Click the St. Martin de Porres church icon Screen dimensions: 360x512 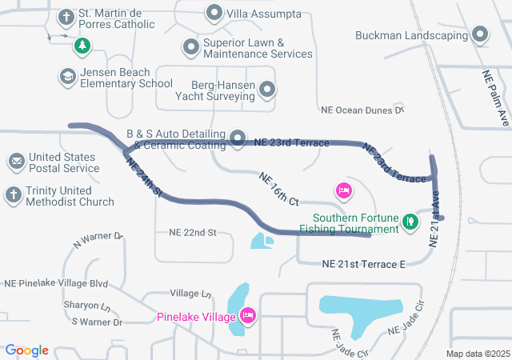pyautogui.click(x=65, y=17)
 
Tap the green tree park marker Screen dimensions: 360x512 pyautogui.click(x=81, y=46)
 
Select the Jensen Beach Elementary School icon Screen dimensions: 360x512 pyautogui.click(x=67, y=77)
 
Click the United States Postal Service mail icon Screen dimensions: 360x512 pyautogui.click(x=16, y=162)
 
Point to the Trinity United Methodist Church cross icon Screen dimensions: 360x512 pyautogui.click(x=13, y=194)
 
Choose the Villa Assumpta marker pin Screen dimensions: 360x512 pyautogui.click(x=214, y=14)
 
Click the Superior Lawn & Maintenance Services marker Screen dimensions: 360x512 pyautogui.click(x=190, y=48)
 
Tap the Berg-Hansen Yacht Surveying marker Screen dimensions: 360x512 pyautogui.click(x=268, y=90)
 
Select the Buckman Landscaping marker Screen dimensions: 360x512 pyautogui.click(x=479, y=34)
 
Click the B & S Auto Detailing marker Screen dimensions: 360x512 pyautogui.click(x=238, y=138)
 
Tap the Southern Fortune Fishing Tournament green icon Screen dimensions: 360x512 pyautogui.click(x=410, y=221)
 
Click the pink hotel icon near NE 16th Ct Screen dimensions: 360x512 pyautogui.click(x=343, y=190)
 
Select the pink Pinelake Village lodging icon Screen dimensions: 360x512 pyautogui.click(x=248, y=317)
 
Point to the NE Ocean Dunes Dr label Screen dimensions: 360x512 pyautogui.click(x=362, y=110)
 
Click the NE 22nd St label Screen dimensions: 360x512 pyautogui.click(x=193, y=233)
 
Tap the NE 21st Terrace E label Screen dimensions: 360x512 pyautogui.click(x=364, y=263)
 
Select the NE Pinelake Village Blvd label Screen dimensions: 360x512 pyautogui.click(x=56, y=283)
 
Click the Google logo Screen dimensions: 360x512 pyautogui.click(x=27, y=350)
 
